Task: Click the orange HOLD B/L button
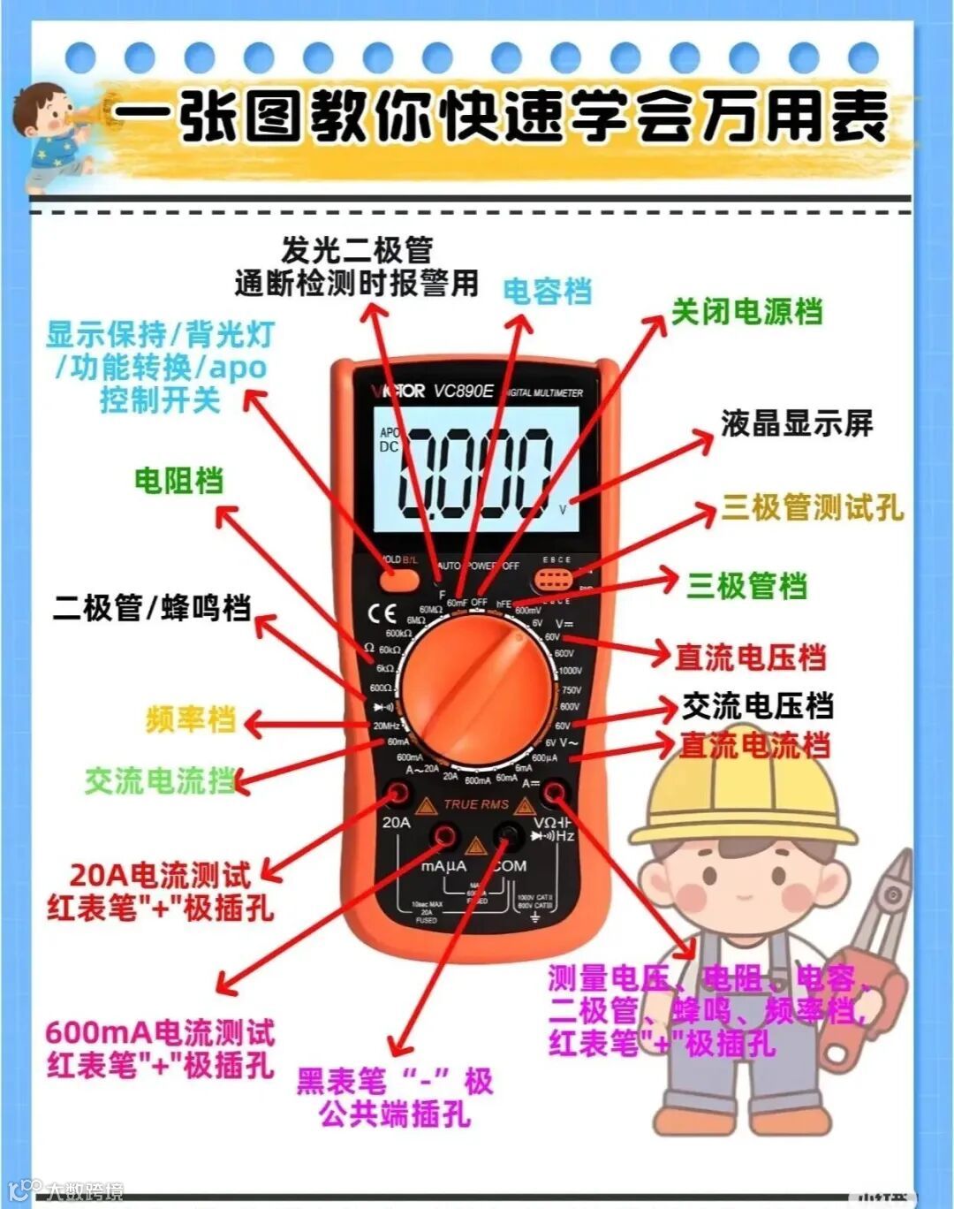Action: [399, 579]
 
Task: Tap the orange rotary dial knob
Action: [477, 685]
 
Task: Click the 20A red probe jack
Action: [398, 794]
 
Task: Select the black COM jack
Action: [508, 834]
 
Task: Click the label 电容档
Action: [547, 292]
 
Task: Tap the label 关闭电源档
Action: [746, 312]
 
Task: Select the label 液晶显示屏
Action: [796, 423]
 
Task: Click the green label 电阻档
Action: [178, 480]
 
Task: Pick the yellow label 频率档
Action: [191, 719]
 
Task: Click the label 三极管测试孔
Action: [813, 507]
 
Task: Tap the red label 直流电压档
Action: [750, 657]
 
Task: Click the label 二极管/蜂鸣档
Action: [152, 608]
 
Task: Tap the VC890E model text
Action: [463, 391]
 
